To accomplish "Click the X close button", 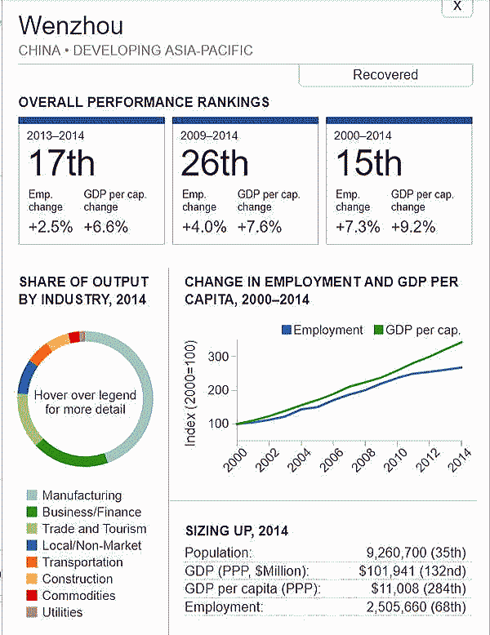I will [457, 7].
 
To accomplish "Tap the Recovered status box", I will [385, 75].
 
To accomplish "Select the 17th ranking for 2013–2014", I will [61, 163].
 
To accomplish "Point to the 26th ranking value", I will [215, 163].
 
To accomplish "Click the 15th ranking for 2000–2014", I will [368, 163].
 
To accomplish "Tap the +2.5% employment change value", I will [50, 227].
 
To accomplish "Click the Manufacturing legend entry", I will [82, 495].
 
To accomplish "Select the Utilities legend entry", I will [63, 612].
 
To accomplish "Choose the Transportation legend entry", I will [82, 562].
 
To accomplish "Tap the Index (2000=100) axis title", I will [191, 393].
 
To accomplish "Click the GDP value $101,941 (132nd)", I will [412, 571].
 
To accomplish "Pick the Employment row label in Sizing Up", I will [224, 607].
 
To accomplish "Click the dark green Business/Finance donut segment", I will [69, 453].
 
